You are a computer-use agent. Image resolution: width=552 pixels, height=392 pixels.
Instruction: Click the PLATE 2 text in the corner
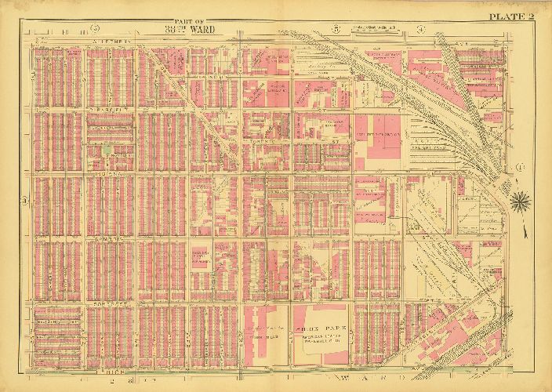tap(514, 16)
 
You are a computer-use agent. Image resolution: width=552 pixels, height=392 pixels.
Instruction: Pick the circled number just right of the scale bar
tap(421, 30)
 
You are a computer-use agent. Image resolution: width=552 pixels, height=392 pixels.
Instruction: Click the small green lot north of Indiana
tap(107, 147)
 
